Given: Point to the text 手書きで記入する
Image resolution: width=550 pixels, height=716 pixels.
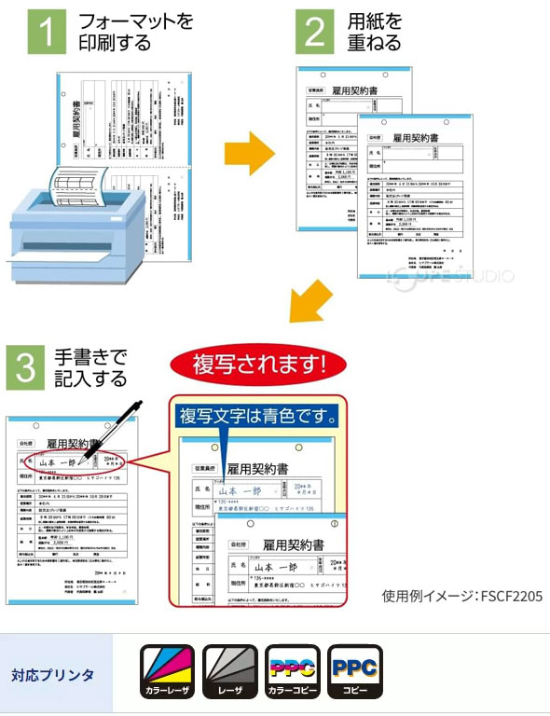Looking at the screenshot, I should pyautogui.click(x=90, y=367).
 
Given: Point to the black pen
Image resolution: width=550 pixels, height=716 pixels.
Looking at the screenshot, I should pyautogui.click(x=111, y=430).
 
